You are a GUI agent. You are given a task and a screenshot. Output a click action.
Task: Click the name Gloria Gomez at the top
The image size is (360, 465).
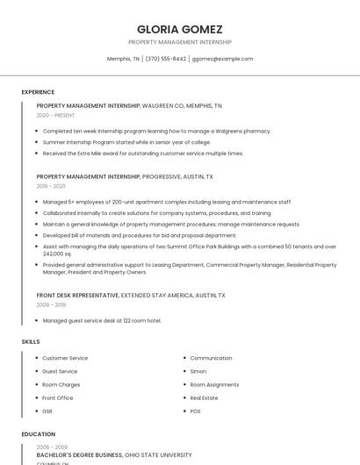tap(180, 29)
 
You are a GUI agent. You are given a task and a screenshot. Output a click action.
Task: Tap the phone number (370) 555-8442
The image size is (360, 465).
tap(166, 59)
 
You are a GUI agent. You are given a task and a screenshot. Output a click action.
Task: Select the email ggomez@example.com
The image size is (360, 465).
tap(222, 59)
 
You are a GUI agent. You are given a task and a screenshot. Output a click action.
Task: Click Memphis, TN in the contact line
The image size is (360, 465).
tap(123, 59)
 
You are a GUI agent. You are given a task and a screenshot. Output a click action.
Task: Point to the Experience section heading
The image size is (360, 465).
tap(38, 92)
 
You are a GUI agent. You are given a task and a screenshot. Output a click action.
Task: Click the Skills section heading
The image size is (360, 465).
tap(31, 341)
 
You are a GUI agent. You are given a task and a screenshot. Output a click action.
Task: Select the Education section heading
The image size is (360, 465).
tap(38, 434)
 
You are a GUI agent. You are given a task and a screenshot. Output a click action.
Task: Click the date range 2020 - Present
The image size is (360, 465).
tap(55, 115)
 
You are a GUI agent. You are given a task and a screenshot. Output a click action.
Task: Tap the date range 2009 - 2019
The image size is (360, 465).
tap(51, 305)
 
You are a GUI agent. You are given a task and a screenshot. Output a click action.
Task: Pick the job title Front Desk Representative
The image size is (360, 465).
tap(77, 296)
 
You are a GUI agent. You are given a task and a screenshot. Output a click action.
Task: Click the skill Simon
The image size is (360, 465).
tap(198, 371)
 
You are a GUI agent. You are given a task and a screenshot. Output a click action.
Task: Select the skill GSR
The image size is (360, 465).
tap(48, 411)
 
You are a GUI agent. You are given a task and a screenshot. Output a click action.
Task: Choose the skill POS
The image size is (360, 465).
tap(195, 411)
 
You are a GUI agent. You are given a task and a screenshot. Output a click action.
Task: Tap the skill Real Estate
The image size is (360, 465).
tap(205, 397)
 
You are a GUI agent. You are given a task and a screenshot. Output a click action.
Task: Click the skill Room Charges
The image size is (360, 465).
tap(61, 384)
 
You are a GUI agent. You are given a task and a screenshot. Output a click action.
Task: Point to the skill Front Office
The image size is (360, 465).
tap(58, 397)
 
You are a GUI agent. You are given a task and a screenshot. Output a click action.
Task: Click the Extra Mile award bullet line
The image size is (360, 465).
tap(142, 154)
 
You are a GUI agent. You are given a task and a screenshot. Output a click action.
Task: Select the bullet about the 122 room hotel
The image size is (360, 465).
tap(102, 321)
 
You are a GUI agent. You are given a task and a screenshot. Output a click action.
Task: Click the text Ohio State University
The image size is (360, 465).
tap(158, 455)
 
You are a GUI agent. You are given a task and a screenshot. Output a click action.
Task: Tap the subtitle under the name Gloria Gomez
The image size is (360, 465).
tap(180, 42)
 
